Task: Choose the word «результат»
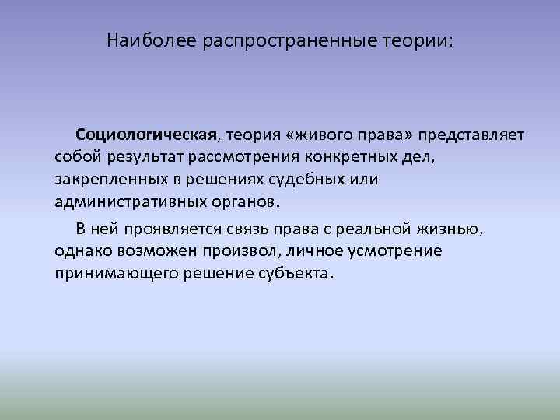coord(140,159)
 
